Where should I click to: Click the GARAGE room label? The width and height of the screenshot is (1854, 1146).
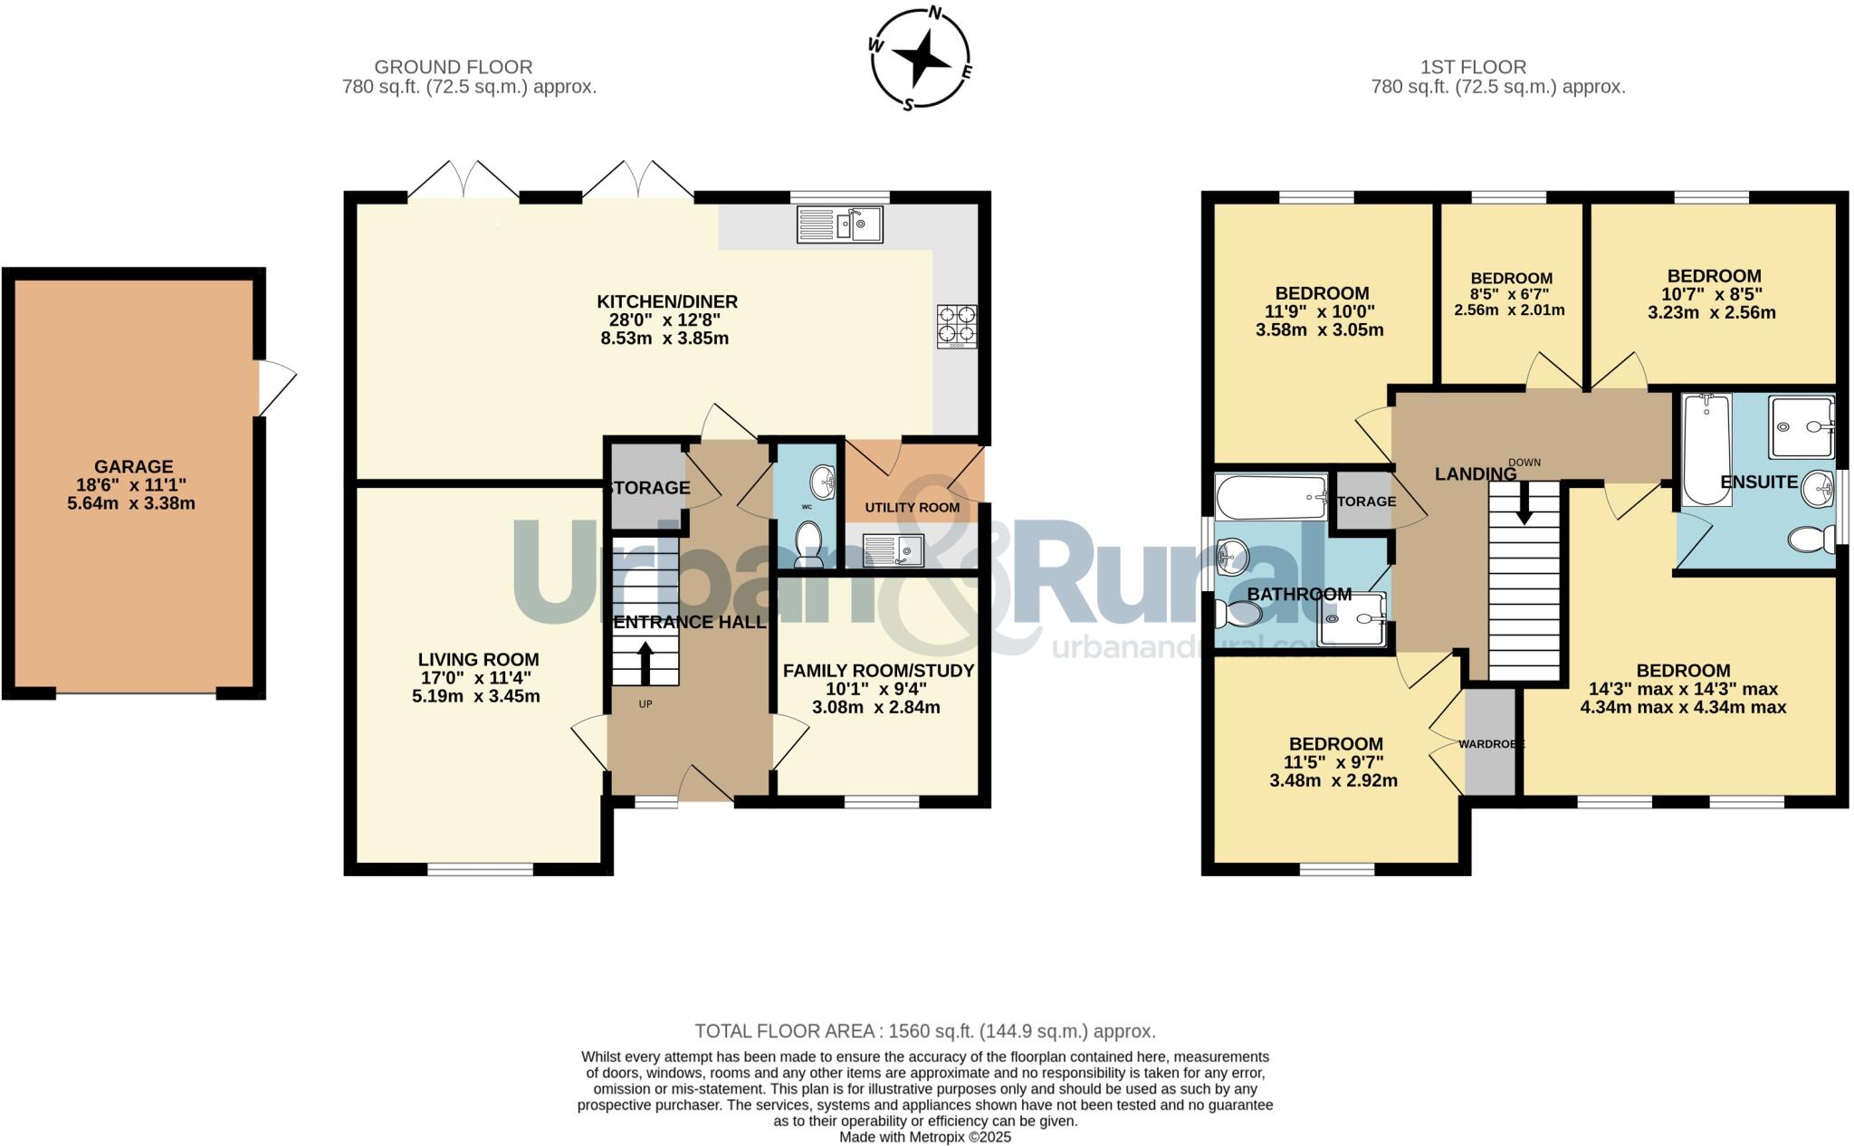(x=134, y=467)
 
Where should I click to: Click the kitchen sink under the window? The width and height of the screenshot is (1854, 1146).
(x=839, y=224)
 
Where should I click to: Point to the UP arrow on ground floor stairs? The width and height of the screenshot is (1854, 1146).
(x=645, y=664)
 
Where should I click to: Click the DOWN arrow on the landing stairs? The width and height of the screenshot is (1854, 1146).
(x=1524, y=503)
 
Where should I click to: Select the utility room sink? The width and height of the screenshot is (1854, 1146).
(x=893, y=549)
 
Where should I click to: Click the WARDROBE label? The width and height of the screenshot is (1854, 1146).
(x=1491, y=744)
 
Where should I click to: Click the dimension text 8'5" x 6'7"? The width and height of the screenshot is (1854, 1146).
(x=1510, y=294)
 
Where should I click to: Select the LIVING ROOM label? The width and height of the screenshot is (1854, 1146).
(x=478, y=660)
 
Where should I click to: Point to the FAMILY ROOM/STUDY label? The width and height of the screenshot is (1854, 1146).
(x=878, y=671)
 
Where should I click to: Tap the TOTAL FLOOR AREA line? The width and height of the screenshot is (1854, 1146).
(x=924, y=1031)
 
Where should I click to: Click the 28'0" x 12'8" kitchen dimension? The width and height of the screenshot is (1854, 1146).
(x=664, y=320)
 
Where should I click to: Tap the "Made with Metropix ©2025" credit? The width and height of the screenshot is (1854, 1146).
(x=924, y=1137)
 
